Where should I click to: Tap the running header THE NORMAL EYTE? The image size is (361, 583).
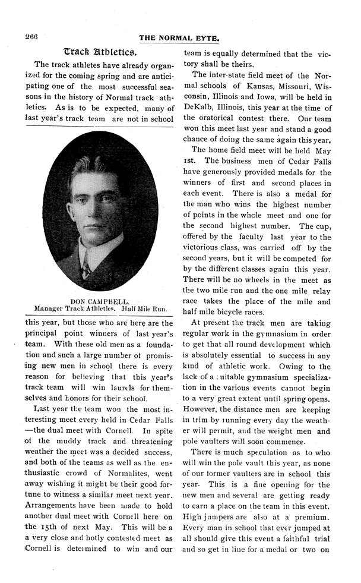pyautogui.click(x=179, y=38)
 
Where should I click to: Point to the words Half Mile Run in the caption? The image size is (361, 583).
pyautogui.click(x=144, y=309)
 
